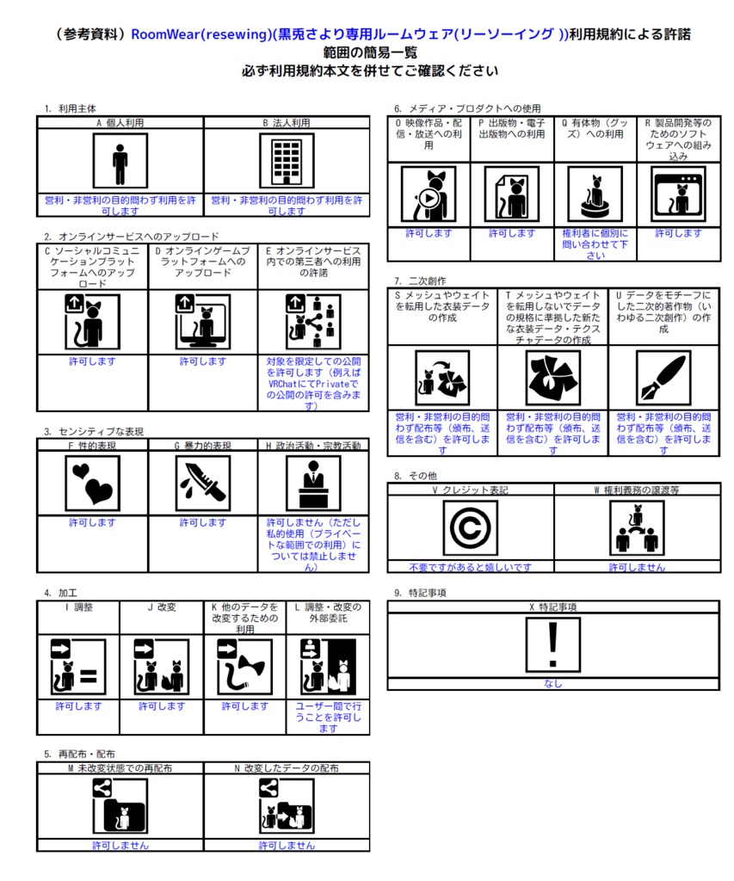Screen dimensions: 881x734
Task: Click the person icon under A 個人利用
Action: click(x=120, y=161)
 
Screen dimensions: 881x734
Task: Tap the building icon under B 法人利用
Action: click(x=287, y=161)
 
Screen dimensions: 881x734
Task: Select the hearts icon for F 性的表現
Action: click(x=92, y=483)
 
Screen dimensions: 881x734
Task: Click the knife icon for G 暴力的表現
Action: click(x=203, y=483)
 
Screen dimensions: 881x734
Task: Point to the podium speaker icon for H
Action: click(x=313, y=483)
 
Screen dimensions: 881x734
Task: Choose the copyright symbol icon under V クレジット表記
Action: click(x=470, y=528)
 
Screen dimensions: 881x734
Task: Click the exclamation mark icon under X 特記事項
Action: click(x=553, y=644)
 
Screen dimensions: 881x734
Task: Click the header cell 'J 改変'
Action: click(x=160, y=607)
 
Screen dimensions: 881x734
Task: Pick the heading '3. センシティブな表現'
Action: click(x=94, y=431)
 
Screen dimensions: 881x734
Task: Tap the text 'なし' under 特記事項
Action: click(x=553, y=684)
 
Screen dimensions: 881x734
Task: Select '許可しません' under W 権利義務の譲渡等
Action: click(x=637, y=568)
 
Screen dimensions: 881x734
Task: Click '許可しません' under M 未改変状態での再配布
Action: click(x=120, y=846)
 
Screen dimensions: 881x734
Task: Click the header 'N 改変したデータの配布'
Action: click(x=287, y=767)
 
